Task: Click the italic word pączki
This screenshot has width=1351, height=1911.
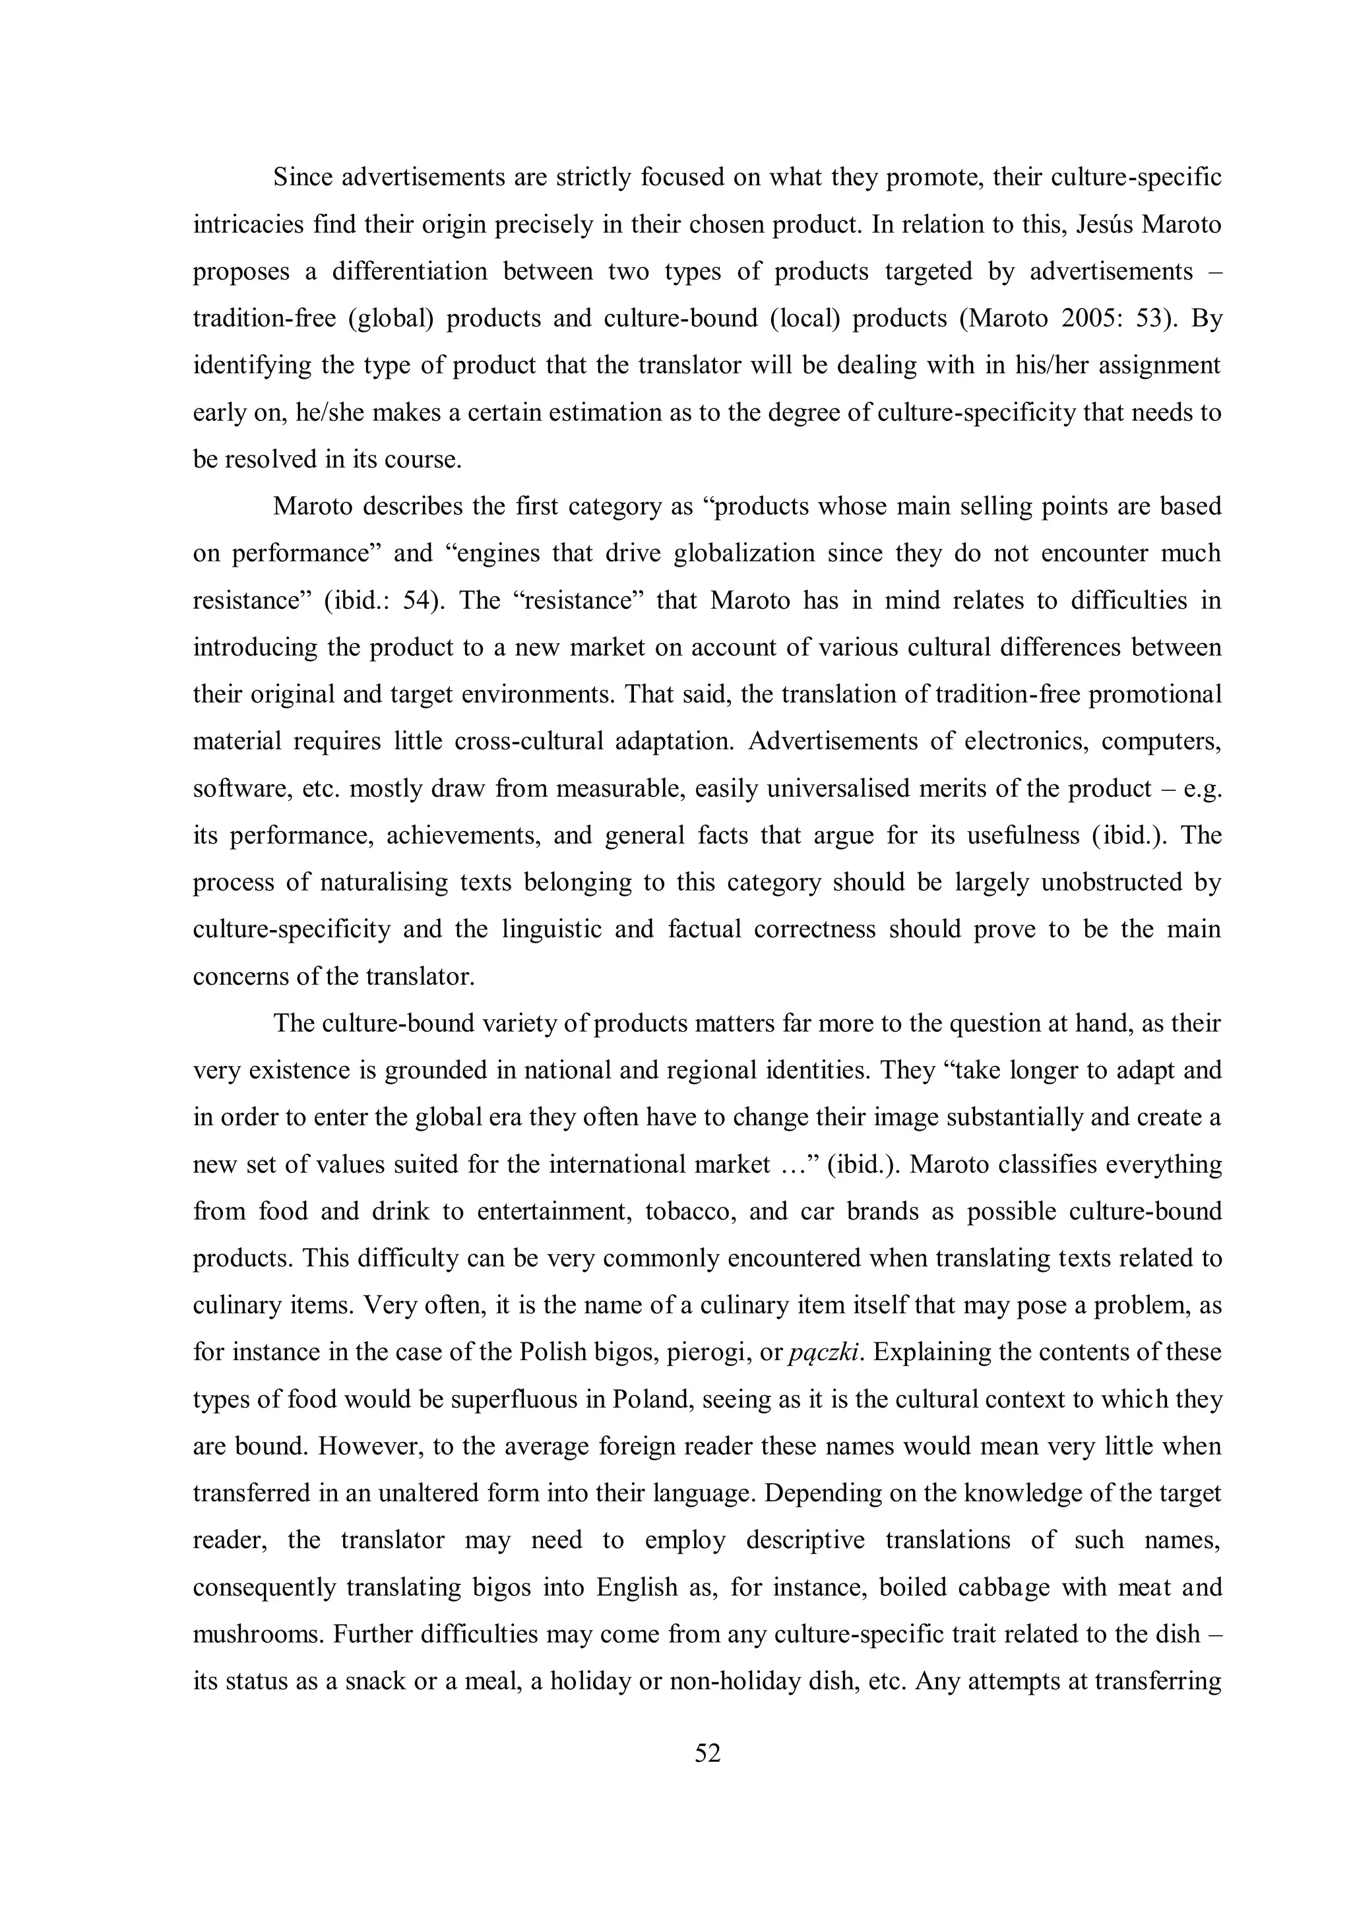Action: pos(823,1352)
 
